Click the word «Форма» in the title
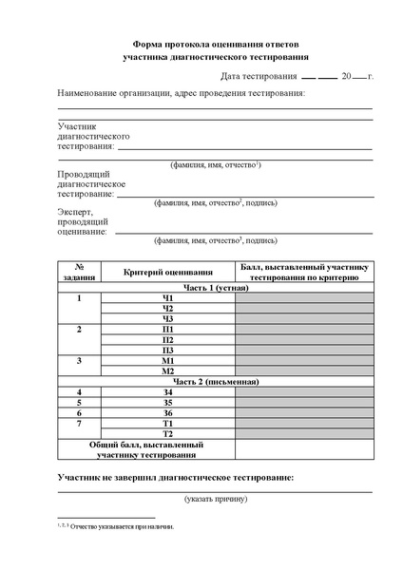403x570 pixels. click(x=142, y=45)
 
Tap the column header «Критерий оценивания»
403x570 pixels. click(x=167, y=274)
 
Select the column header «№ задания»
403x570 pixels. click(x=80, y=274)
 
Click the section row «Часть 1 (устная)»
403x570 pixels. click(x=216, y=287)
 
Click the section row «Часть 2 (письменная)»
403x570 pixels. click(x=216, y=381)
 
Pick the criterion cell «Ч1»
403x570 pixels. click(x=167, y=298)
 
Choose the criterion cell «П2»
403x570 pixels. click(x=167, y=340)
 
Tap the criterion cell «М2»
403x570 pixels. click(x=167, y=371)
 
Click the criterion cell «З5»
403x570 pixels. click(x=167, y=402)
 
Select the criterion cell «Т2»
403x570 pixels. click(x=167, y=433)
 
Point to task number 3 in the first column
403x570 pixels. click(x=80, y=361)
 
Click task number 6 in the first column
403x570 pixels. click(x=80, y=412)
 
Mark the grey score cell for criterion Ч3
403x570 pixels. click(x=304, y=319)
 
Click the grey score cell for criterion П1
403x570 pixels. click(x=304, y=330)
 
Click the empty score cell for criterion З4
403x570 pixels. click(x=304, y=391)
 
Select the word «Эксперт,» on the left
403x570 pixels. click(x=76, y=211)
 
